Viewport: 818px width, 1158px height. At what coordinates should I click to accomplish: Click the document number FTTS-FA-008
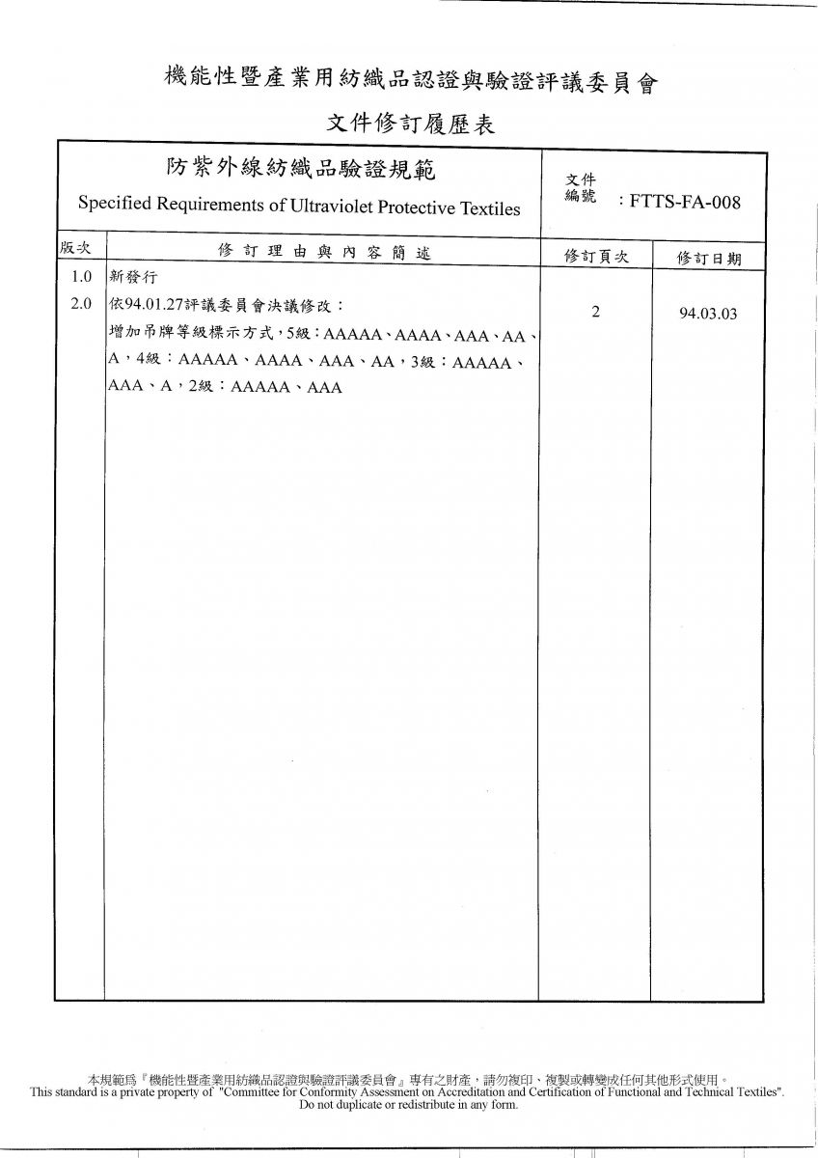click(x=685, y=202)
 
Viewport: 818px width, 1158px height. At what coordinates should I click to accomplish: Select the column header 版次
click(x=75, y=249)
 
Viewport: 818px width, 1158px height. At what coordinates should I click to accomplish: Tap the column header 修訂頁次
click(x=596, y=256)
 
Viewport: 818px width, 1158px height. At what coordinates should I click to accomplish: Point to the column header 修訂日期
click(x=709, y=258)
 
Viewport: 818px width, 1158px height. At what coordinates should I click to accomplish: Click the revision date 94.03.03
click(x=708, y=314)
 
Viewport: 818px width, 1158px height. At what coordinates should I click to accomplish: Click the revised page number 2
click(x=595, y=312)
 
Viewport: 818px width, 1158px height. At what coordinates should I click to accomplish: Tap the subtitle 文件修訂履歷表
click(x=410, y=124)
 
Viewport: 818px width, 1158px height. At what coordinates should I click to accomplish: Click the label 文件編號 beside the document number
click(x=581, y=189)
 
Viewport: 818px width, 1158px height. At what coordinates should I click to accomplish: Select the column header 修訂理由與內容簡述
click(x=323, y=253)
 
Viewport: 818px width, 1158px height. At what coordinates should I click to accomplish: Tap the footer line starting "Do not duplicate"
click(x=408, y=1105)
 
